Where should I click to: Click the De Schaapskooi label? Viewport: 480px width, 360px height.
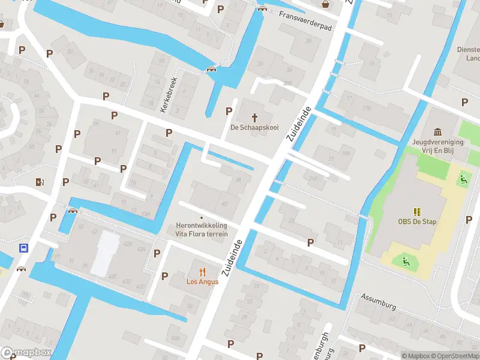254,127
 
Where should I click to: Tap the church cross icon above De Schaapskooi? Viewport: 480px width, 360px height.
254,117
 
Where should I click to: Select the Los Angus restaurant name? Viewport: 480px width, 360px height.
202,281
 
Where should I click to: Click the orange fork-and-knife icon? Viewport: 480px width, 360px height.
202,271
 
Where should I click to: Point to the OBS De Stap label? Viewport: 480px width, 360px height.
416,221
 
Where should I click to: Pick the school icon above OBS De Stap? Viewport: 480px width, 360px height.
416,211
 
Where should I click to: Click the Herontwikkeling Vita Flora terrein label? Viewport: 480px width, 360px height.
202,229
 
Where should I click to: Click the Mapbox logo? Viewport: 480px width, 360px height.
26,353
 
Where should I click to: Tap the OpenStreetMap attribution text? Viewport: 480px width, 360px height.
455,356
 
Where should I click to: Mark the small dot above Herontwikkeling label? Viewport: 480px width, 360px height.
202,217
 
